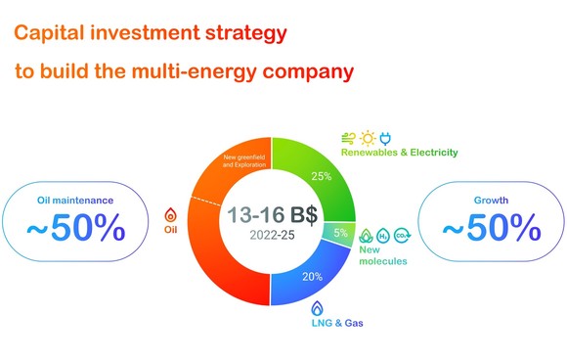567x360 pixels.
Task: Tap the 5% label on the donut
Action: [x=340, y=233]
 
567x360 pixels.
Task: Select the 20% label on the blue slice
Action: [x=313, y=277]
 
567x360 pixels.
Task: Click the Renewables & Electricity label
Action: [x=399, y=153]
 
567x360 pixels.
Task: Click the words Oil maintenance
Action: [x=76, y=202]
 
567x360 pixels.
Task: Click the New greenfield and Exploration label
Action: [x=243, y=161]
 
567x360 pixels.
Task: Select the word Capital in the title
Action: [x=51, y=33]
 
